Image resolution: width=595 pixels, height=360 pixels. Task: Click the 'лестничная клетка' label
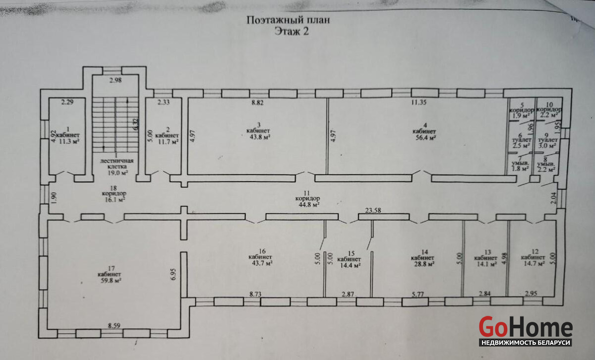pyautogui.click(x=114, y=164)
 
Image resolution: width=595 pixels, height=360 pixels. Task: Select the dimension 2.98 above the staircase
pyautogui.click(x=115, y=80)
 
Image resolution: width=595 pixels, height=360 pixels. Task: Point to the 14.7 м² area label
pyautogui.click(x=533, y=264)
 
